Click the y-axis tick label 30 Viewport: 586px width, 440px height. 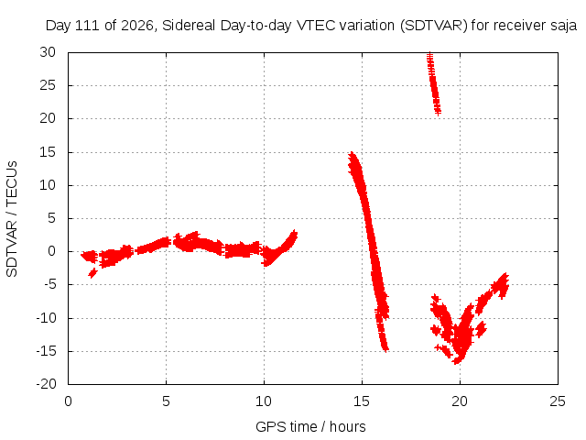[48, 52]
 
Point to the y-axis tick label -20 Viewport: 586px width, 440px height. [46, 384]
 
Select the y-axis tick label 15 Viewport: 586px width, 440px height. [48, 152]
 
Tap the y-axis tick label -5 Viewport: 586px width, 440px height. [49, 284]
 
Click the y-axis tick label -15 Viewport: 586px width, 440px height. [46, 351]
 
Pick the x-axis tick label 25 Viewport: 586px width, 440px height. [558, 401]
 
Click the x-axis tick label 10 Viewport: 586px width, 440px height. [264, 401]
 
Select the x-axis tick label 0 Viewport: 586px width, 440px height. [68, 401]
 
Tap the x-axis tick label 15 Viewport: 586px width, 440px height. [362, 401]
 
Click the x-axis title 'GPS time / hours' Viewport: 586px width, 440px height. [310, 427]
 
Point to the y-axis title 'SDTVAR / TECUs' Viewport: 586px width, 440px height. [12, 219]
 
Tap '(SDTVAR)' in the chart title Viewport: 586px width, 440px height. [433, 26]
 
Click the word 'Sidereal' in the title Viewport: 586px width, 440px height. [189, 26]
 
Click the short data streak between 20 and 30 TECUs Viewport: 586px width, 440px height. [434, 83]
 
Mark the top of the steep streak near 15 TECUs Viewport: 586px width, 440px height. [352, 153]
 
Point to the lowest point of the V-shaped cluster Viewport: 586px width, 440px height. [457, 362]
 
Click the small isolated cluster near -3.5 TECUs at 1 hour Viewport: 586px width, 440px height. [92, 273]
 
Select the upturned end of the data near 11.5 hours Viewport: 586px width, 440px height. [295, 233]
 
